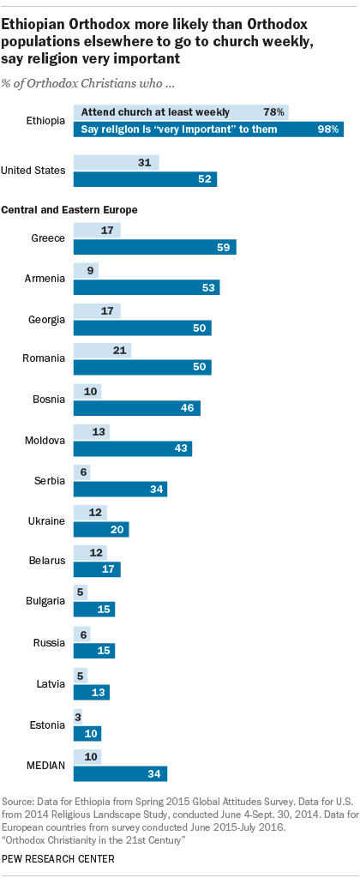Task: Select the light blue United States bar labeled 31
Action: (116, 162)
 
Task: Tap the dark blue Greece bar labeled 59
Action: (154, 247)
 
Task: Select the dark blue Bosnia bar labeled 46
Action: (136, 408)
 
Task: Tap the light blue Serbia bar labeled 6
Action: (81, 472)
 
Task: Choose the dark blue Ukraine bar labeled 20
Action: (100, 529)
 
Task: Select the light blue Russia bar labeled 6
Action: (81, 634)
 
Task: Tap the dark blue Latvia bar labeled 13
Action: (91, 691)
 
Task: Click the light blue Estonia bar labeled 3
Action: (78, 715)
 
